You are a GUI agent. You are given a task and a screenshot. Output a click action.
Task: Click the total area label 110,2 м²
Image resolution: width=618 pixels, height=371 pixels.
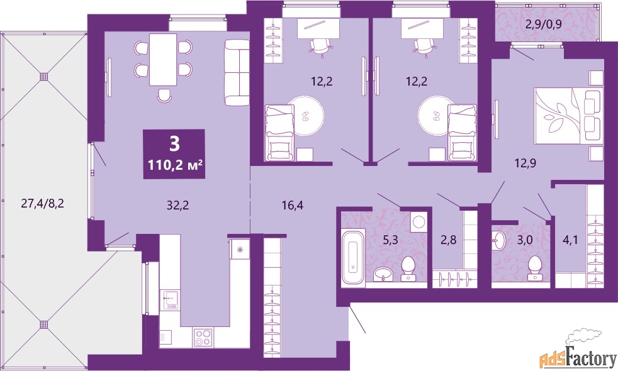tap(176, 165)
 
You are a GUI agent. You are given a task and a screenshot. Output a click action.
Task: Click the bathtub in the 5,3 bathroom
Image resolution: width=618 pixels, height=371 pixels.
tap(353, 257)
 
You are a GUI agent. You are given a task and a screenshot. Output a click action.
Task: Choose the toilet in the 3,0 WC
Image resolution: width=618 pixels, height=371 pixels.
tap(535, 269)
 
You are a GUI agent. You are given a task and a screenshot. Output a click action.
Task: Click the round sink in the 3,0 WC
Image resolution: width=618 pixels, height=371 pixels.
tap(498, 240)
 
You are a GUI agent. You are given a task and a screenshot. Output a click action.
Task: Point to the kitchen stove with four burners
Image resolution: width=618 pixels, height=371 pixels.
tap(204, 338)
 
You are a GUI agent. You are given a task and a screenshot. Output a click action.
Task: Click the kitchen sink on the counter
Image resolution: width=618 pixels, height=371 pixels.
tap(171, 300)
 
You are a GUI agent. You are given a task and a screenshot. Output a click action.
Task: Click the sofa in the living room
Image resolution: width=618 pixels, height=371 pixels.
tap(237, 72)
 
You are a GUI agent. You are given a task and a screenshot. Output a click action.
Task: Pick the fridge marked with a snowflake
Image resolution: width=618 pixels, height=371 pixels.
tap(239, 248)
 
